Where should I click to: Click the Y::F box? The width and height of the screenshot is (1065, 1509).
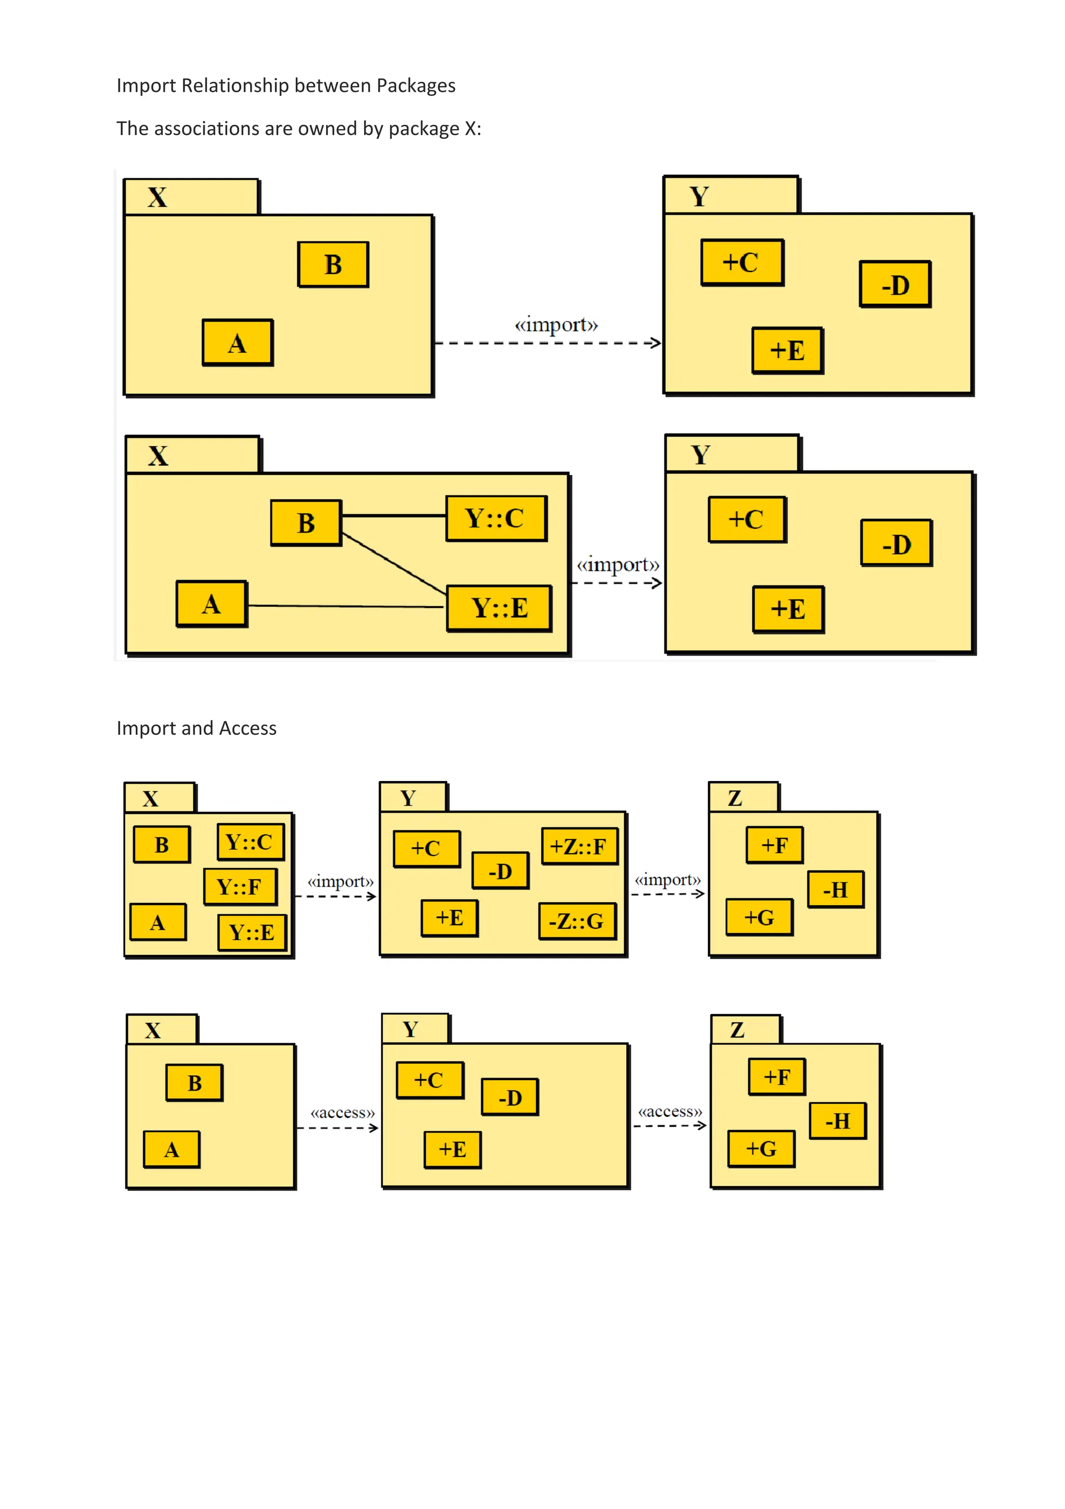pos(240,887)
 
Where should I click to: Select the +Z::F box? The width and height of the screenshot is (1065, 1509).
pos(579,846)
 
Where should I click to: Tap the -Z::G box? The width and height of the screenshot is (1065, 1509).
pos(577,921)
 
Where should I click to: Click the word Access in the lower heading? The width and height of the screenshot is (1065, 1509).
pos(247,728)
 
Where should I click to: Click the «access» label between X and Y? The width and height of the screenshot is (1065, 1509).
pos(342,1112)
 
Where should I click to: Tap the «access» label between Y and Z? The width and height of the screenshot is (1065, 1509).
pos(670,1111)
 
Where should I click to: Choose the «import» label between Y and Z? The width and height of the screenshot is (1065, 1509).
pos(668,879)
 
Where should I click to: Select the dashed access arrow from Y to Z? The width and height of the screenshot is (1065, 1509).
pos(669,1126)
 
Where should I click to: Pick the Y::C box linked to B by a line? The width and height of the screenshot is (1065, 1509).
pos(496,519)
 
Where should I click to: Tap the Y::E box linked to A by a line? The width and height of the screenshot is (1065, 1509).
pos(499,608)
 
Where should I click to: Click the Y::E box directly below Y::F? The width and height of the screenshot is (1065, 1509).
pos(252,932)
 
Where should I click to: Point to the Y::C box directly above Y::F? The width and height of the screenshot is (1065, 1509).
pos(250,842)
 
